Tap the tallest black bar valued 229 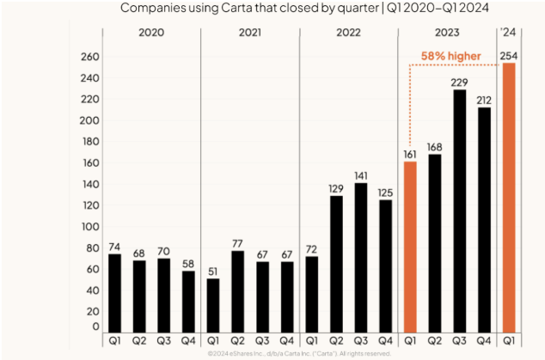tap(460, 211)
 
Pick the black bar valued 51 tap(213, 305)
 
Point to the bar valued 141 tap(362, 257)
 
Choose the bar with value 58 tap(188, 302)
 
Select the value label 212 tap(485, 100)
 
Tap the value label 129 tap(337, 188)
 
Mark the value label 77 tap(238, 243)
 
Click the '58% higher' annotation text tap(451, 57)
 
